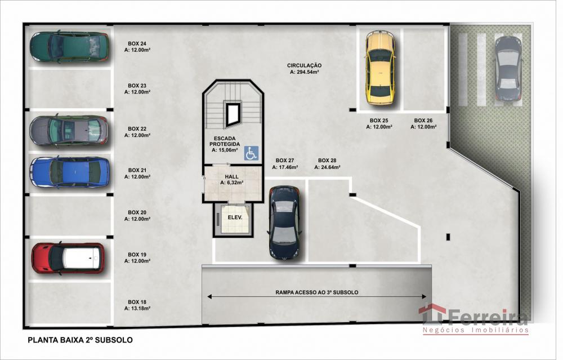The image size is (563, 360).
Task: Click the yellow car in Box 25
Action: pos(380,68)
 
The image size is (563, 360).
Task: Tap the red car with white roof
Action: pos(68,259)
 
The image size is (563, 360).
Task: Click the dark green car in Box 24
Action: pos(69,47)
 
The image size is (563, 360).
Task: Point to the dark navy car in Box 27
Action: pos(284,223)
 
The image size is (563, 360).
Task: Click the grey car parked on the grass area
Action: pos(508,68)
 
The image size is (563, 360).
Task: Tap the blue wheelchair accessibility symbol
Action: pos(251,153)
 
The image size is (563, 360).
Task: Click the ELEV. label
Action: pos(235,217)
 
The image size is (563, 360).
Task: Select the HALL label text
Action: pos(231,177)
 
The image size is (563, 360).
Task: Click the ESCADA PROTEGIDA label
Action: pos(225,141)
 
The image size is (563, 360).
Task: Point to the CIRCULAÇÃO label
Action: pos(304,65)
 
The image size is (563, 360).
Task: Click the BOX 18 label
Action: pos(137,302)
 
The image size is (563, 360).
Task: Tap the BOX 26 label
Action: pos(423,121)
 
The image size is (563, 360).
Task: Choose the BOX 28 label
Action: pos(327,161)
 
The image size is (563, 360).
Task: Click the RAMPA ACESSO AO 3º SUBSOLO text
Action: pos(316,292)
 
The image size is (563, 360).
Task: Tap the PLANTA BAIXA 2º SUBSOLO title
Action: pos(80,340)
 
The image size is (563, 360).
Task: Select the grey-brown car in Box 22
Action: pos(69,131)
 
